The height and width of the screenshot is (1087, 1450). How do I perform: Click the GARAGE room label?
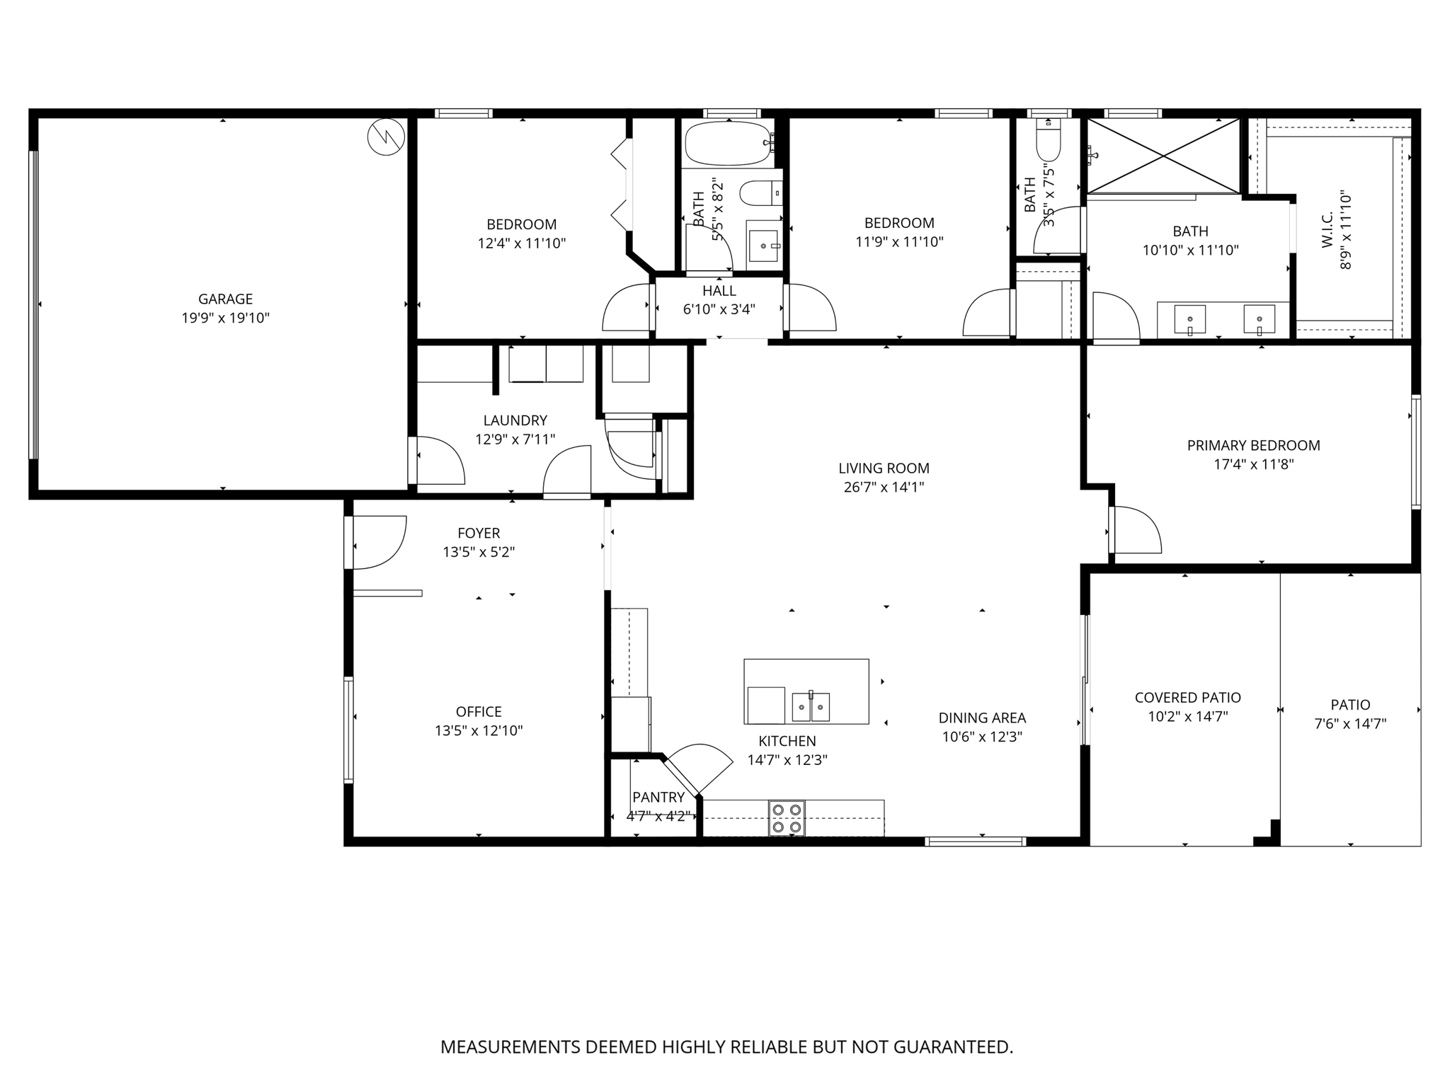coord(225,299)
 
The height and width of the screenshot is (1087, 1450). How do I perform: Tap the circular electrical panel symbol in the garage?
coord(387,137)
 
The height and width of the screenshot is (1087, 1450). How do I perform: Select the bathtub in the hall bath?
coord(728,143)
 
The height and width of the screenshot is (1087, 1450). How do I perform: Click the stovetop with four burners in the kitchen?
coord(787,818)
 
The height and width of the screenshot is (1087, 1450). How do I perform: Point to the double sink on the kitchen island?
coord(811,706)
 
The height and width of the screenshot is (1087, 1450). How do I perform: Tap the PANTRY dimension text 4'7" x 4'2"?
coord(658,816)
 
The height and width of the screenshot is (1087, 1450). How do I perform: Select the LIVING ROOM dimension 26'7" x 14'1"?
coord(884,487)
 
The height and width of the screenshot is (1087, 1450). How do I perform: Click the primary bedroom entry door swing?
coord(1136,531)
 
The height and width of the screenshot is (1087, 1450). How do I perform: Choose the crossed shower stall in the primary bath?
coord(1163,155)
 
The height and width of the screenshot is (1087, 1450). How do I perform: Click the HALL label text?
coord(719,291)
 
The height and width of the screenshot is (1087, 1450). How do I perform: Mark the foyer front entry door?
coord(379,542)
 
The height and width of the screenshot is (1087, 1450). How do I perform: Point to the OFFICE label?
coord(479,712)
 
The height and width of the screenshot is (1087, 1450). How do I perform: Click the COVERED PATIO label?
coord(1187,698)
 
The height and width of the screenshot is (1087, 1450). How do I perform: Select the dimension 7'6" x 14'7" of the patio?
coord(1350,723)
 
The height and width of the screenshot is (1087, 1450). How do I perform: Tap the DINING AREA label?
coord(982,718)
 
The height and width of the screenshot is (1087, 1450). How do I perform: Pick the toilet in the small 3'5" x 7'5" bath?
coord(1048,144)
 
